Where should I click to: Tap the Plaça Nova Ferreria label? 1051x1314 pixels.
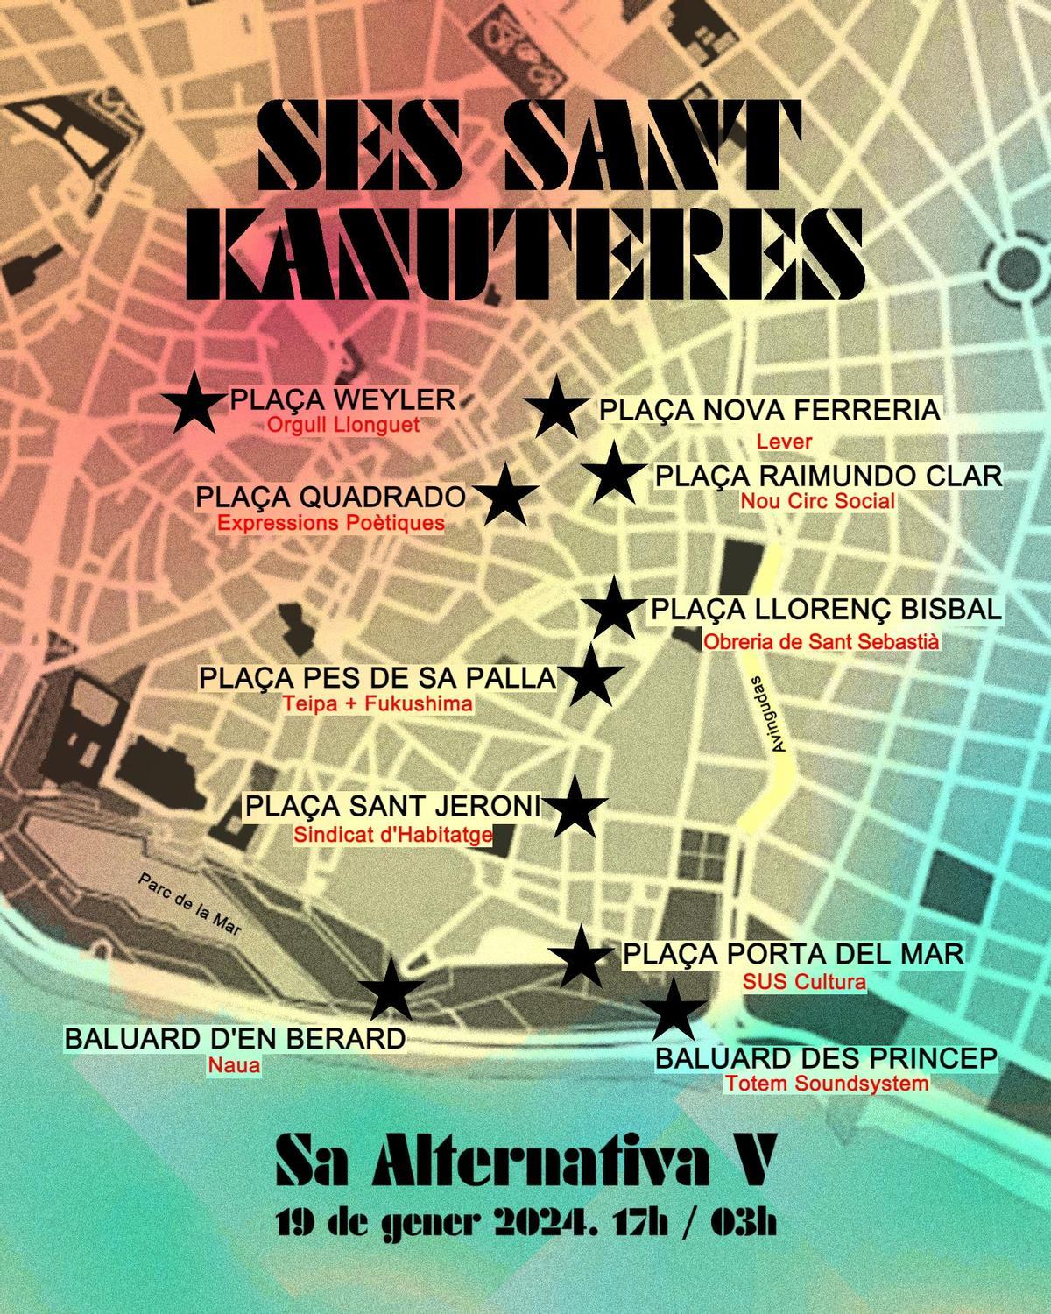(769, 410)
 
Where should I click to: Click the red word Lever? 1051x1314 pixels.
(784, 442)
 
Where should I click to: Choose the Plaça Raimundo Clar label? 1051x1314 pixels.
(828, 477)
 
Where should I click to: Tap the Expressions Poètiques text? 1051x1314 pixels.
(331, 524)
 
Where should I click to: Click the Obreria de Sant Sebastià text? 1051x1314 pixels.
(821, 642)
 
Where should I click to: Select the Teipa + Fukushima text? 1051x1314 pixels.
(378, 704)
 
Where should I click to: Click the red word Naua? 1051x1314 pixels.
(234, 1066)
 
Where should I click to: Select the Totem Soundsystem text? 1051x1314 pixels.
(826, 1084)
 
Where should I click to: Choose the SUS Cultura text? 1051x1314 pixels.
(804, 982)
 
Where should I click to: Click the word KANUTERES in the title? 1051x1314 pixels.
(525, 248)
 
